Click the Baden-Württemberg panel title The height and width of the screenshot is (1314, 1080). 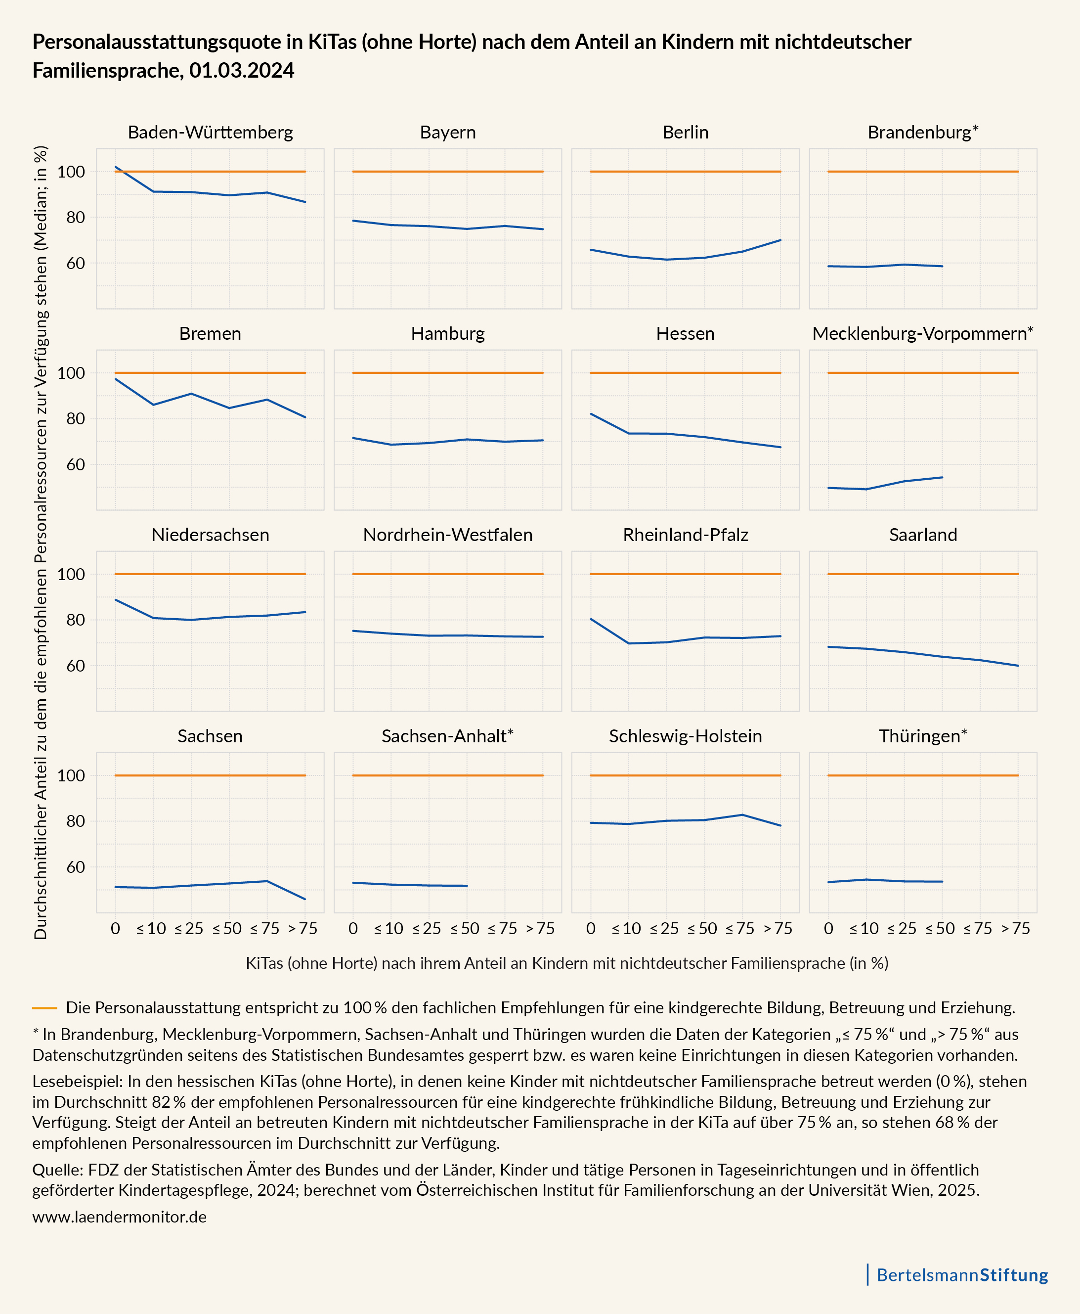click(210, 133)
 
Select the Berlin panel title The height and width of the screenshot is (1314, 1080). click(685, 133)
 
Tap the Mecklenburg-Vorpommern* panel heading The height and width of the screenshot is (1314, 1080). click(923, 334)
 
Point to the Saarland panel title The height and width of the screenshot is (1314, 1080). click(923, 535)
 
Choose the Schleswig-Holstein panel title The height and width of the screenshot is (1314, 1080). click(685, 736)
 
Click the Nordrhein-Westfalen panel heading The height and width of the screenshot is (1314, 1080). click(448, 535)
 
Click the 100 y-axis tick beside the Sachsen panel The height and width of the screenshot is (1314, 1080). click(71, 775)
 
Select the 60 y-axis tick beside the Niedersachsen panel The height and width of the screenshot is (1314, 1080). click(75, 665)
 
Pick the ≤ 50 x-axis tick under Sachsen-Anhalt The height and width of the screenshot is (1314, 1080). click(465, 929)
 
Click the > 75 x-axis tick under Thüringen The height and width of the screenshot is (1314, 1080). click(1016, 929)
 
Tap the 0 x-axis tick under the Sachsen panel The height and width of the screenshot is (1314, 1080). click(115, 929)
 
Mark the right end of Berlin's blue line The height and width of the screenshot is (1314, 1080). click(780, 240)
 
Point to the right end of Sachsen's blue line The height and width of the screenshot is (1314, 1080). click(305, 899)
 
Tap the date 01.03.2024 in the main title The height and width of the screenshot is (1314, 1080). click(241, 71)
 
